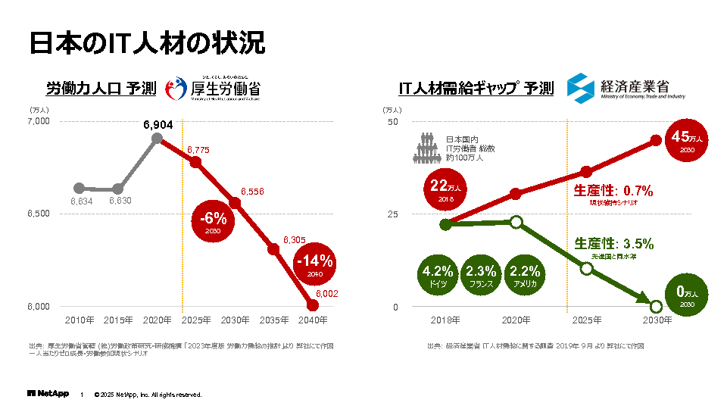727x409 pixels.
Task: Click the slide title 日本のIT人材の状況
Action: tap(147, 42)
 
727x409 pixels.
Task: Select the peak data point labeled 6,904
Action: tap(158, 138)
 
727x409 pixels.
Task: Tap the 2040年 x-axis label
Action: tap(313, 320)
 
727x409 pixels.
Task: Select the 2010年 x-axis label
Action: tap(80, 320)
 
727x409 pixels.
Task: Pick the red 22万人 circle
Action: tap(445, 189)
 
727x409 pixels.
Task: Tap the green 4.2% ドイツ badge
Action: tap(438, 276)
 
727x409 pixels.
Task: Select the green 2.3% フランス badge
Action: tap(481, 276)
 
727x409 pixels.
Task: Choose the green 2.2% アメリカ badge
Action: tap(525, 276)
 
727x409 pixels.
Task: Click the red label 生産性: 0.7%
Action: tap(613, 191)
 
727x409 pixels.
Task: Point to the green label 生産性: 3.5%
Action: tap(613, 244)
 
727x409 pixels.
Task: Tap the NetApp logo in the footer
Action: tap(48, 394)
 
